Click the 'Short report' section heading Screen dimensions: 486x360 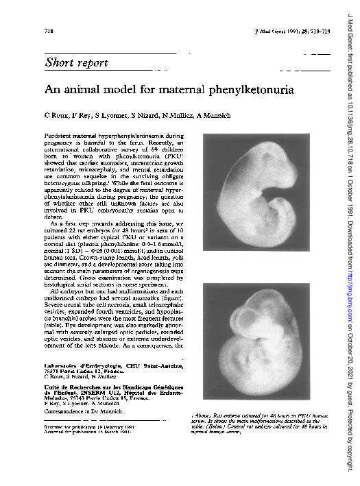(76, 63)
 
